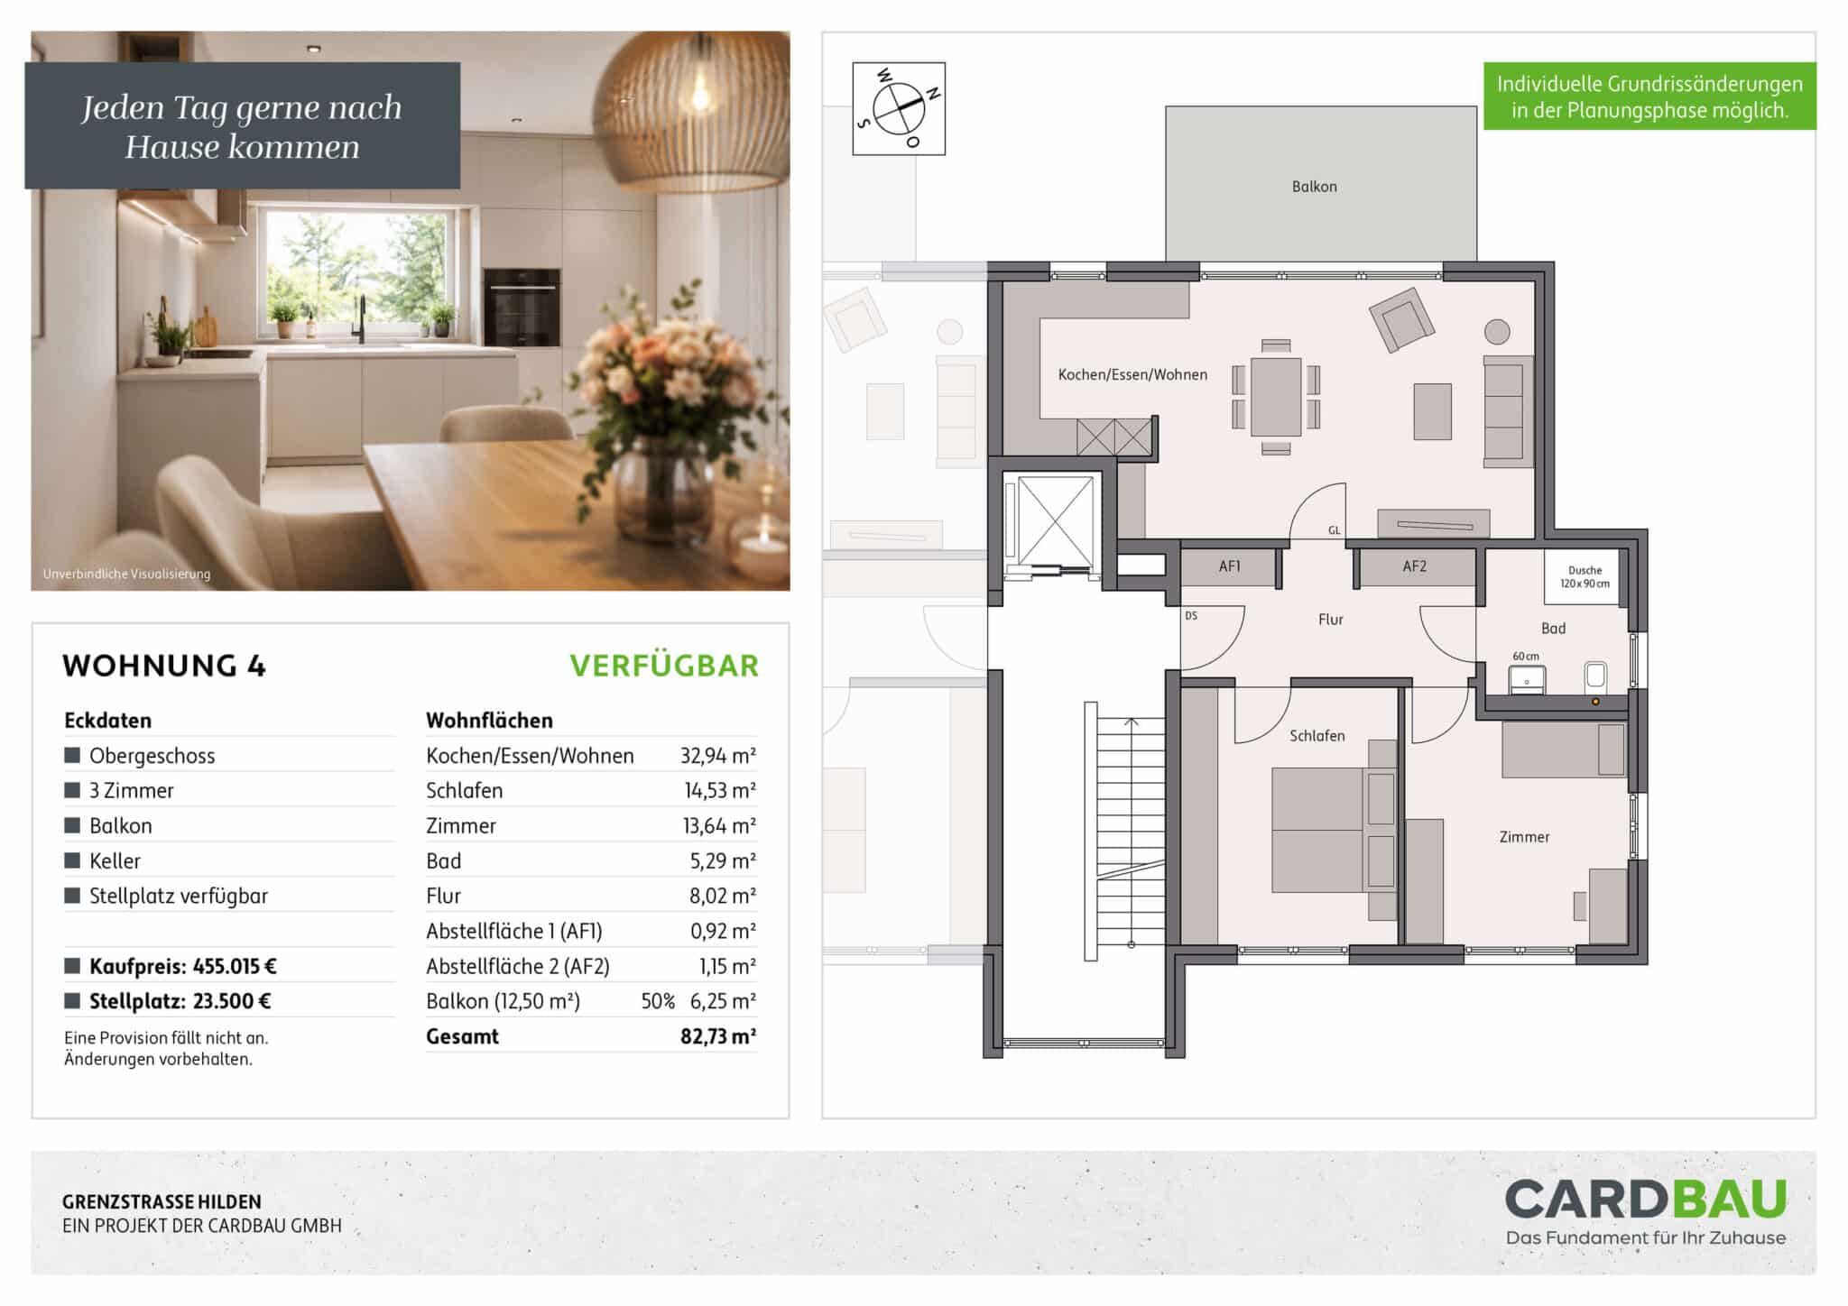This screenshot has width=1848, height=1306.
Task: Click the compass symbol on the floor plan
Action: coord(899,108)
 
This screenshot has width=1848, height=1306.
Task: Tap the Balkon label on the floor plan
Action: coord(1314,187)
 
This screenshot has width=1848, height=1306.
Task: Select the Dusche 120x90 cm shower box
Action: coord(1585,576)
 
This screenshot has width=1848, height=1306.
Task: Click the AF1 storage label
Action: coord(1229,566)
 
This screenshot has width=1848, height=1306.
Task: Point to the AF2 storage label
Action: coord(1414,566)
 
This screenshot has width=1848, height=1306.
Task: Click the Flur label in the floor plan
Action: coord(1330,620)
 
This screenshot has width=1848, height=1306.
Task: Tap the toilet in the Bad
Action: coord(1595,677)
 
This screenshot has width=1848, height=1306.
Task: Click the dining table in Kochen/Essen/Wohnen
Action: coord(1276,397)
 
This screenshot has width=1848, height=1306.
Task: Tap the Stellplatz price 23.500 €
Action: coord(232,1002)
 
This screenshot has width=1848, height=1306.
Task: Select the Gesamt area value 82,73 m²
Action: coord(718,1037)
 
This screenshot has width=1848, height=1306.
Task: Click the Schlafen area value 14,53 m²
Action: coord(720,791)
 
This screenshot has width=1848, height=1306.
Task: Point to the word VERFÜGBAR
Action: coord(664,666)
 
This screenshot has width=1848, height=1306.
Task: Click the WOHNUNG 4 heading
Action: coord(164,666)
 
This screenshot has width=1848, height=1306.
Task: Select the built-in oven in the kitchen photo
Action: coord(521,307)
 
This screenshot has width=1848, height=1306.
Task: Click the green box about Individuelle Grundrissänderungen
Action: coord(1649,97)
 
